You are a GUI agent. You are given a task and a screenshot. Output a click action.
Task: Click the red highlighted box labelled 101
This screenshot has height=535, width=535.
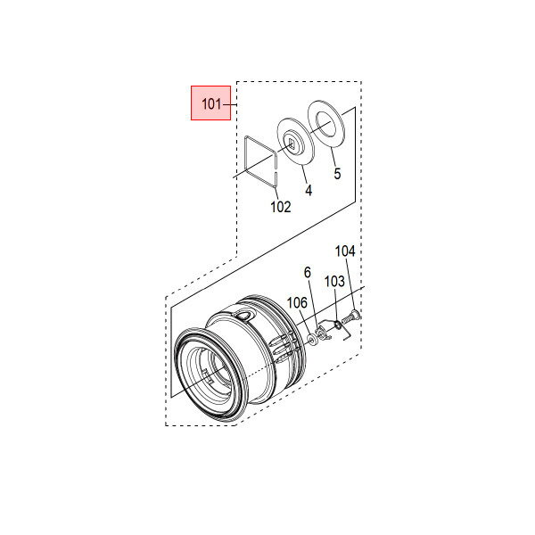(x=210, y=103)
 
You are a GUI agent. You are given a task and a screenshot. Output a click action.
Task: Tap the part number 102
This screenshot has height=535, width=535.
(x=281, y=207)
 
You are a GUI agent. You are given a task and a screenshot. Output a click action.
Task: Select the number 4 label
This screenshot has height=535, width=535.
(x=309, y=191)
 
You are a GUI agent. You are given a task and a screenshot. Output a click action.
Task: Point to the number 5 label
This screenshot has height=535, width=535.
(x=337, y=174)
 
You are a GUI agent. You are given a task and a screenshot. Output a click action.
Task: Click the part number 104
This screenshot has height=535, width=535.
(x=345, y=251)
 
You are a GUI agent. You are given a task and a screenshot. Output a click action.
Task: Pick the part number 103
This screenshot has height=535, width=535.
(x=334, y=282)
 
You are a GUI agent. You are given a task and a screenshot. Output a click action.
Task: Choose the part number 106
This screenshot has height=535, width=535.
(x=297, y=302)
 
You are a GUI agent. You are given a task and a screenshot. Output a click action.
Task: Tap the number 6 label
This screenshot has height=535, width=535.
(x=308, y=273)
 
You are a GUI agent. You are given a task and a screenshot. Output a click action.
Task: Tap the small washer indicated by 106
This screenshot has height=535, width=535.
(x=312, y=340)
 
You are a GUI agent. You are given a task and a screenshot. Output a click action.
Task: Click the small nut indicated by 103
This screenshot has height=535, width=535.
(x=337, y=325)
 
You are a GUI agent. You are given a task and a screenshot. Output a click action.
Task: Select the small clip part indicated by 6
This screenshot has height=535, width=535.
(x=322, y=333)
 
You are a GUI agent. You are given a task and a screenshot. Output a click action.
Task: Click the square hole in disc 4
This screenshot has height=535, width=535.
(x=292, y=144)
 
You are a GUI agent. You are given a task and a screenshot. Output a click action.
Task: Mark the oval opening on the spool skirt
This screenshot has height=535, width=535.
(x=244, y=315)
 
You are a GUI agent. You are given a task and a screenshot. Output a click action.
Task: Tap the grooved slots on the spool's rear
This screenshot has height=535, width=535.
(x=282, y=348)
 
